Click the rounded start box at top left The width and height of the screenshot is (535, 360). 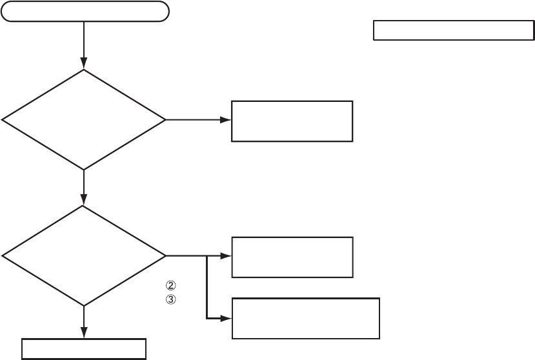86,12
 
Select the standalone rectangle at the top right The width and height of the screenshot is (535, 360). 454,30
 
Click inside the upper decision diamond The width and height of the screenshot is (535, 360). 84,119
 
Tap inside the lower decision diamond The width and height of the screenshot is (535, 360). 84,256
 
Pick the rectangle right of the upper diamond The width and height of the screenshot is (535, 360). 292,121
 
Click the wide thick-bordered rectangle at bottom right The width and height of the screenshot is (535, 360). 305,318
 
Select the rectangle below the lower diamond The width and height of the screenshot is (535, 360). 84,349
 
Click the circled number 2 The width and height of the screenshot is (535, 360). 171,285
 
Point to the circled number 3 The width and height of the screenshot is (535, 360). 171,299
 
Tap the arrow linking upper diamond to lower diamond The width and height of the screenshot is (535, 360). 84,188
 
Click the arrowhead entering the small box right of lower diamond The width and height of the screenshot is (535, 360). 227,256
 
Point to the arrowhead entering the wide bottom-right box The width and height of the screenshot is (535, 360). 227,318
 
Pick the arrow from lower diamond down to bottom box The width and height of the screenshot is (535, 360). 84,322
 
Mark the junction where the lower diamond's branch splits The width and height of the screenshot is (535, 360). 207,256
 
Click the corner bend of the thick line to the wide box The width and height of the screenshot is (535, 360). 207,318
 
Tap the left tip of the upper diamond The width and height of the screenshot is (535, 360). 3,120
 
